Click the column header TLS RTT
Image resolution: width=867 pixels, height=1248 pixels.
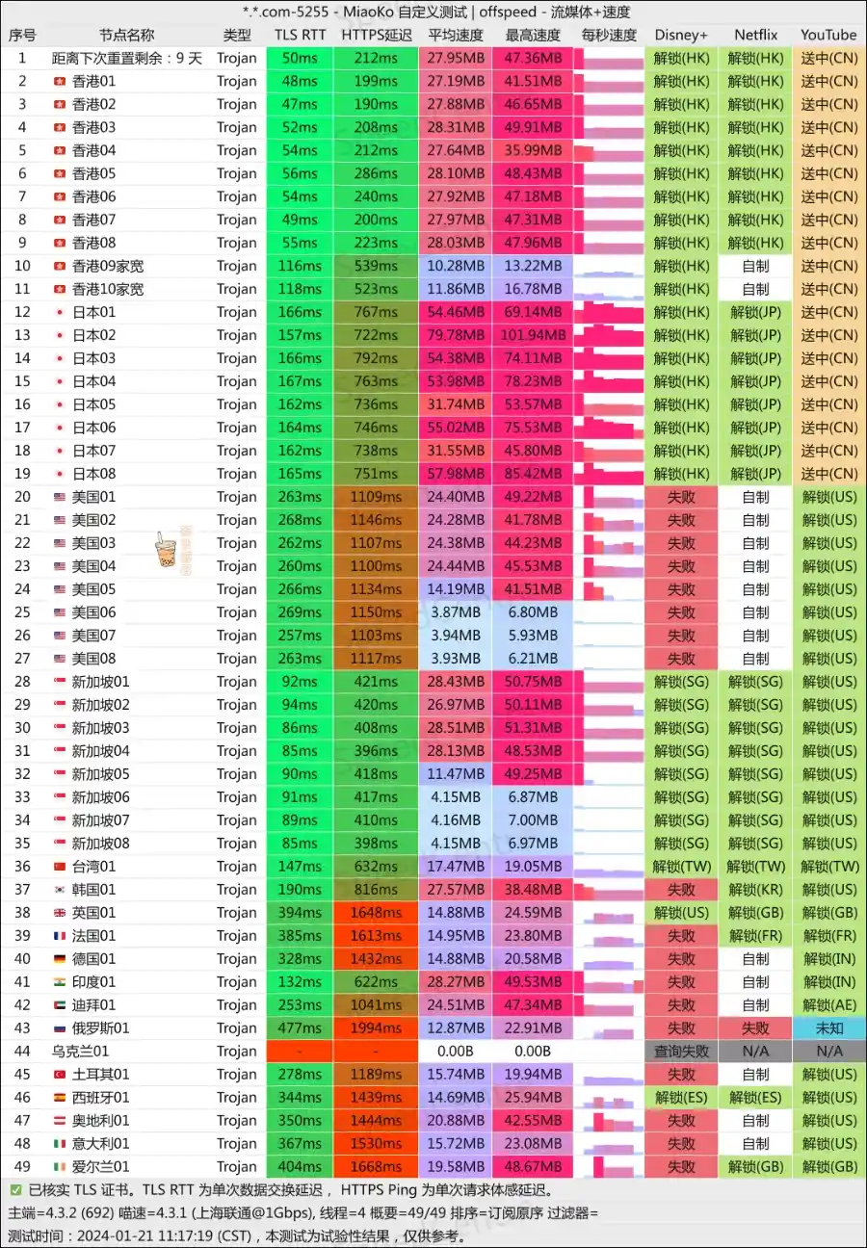(301, 35)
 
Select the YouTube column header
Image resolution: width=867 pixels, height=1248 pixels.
(828, 35)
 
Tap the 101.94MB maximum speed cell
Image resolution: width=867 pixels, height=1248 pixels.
(534, 335)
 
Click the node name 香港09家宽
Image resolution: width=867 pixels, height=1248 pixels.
(107, 266)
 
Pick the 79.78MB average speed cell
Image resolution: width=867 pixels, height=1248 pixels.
(456, 335)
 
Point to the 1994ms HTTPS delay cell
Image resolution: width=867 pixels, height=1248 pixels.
(376, 1028)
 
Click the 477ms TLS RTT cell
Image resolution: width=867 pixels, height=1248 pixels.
(301, 1028)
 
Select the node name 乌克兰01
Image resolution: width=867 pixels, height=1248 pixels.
(82, 1052)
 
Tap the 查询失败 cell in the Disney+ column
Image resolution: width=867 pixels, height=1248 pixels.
(681, 1052)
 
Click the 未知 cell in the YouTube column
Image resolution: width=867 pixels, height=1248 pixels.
(828, 1028)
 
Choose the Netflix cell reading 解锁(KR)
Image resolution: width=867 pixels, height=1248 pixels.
(755, 890)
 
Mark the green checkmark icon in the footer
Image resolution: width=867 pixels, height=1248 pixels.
(15, 1190)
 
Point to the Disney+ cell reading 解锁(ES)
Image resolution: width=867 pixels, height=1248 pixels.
(681, 1098)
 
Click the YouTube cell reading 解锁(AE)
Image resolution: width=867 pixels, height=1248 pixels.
(828, 1005)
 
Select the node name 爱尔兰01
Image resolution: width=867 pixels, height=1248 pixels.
(100, 1167)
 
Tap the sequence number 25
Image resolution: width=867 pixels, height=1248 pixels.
(22, 612)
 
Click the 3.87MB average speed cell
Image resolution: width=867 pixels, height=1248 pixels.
(456, 612)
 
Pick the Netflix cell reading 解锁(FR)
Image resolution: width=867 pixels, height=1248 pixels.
(755, 936)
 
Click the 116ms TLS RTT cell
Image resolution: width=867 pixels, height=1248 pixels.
(301, 266)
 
